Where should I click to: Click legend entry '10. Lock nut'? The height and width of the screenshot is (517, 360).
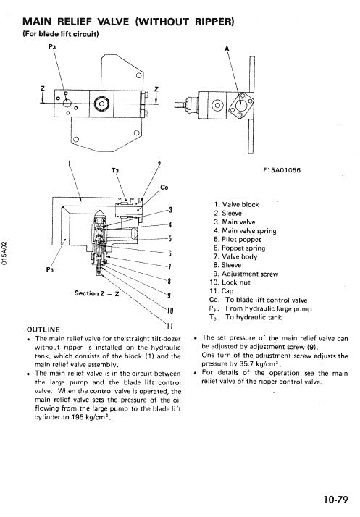point(231,282)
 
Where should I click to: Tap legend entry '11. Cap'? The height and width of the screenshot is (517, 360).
point(223,290)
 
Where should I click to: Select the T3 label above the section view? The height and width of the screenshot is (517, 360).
point(114,172)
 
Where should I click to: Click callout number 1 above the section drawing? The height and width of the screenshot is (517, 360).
point(69,164)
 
